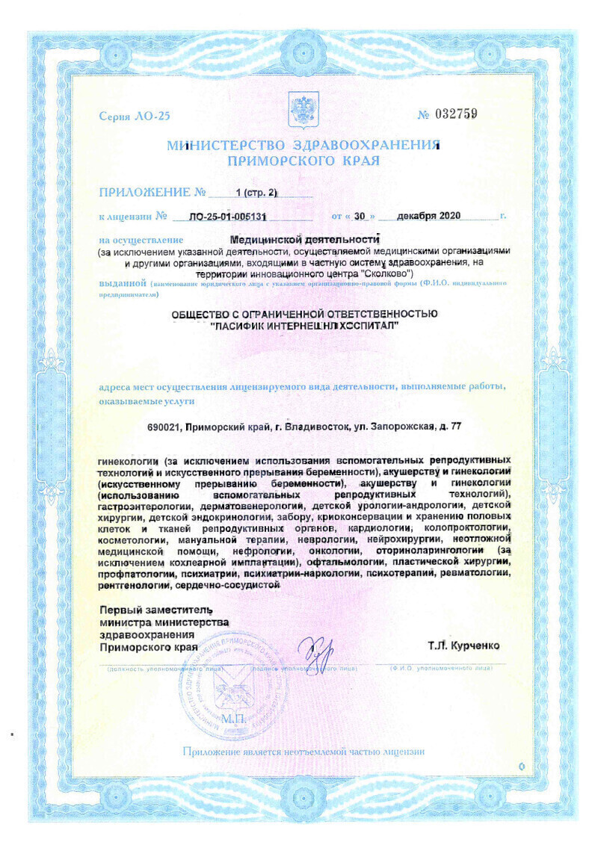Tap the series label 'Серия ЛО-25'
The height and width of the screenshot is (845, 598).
[x=135, y=117]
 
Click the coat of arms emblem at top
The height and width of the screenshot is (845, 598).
[x=303, y=110]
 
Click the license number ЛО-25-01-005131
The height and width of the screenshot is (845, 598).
[x=229, y=217]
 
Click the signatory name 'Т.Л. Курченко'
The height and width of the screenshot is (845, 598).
[x=463, y=646]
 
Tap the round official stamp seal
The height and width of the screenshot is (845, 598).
[x=227, y=675]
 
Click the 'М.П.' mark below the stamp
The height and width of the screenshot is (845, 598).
[x=228, y=718]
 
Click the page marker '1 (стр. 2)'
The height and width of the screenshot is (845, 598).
[x=256, y=193]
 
